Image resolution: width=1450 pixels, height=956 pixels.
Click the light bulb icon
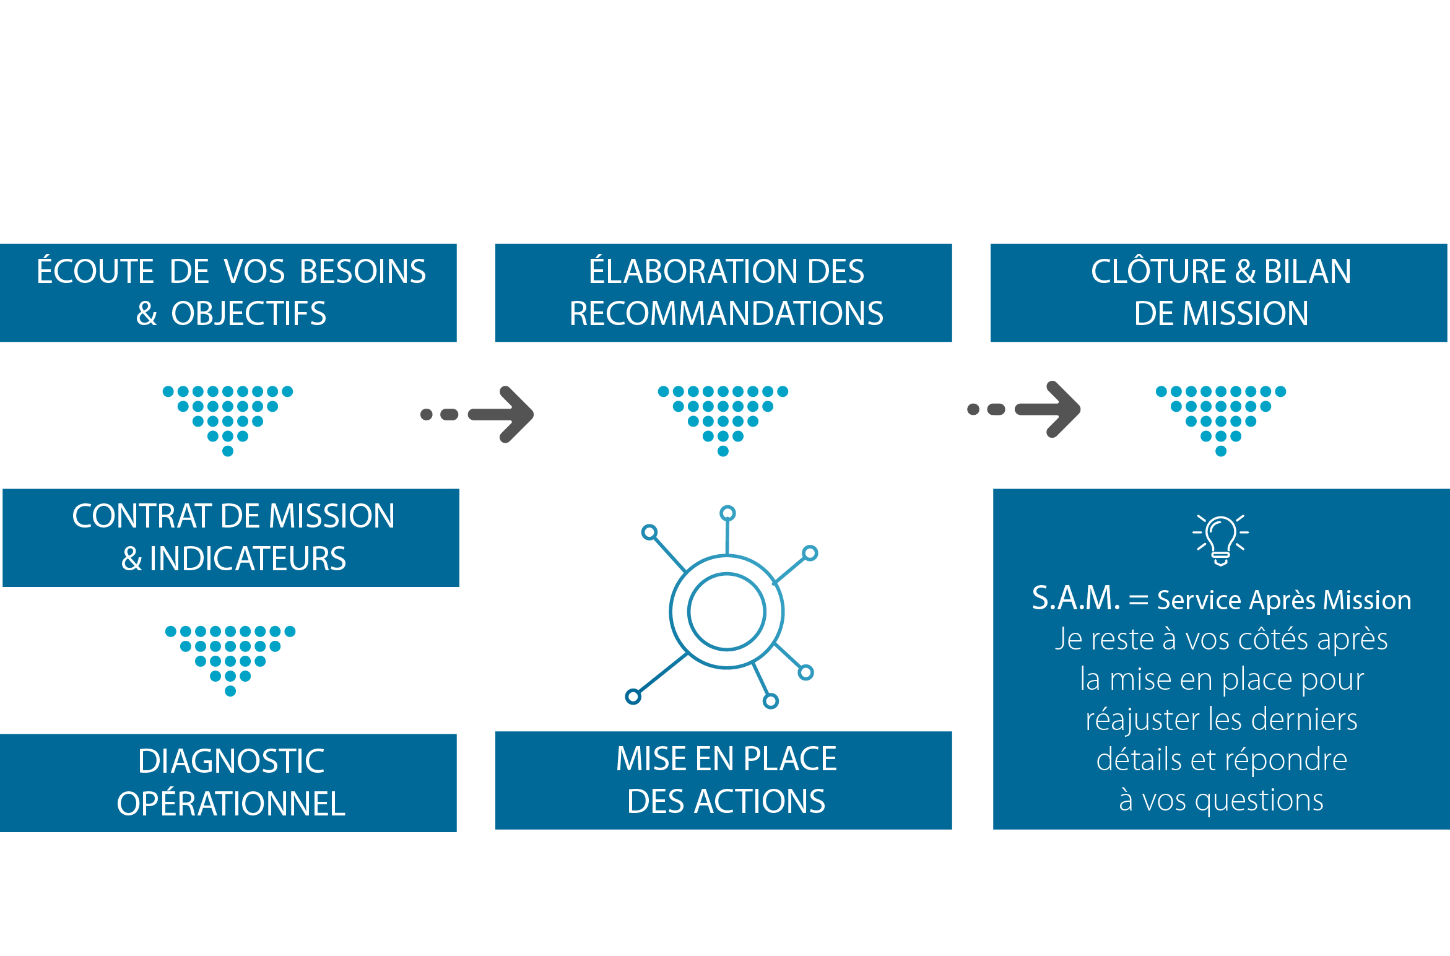[x=1220, y=539]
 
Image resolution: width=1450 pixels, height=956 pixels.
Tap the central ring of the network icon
[x=726, y=611]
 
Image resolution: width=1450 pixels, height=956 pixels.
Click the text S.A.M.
[x=1076, y=599]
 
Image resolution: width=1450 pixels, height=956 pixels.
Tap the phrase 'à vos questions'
[x=1221, y=800]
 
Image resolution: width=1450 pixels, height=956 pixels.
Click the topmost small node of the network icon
[x=727, y=513]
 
